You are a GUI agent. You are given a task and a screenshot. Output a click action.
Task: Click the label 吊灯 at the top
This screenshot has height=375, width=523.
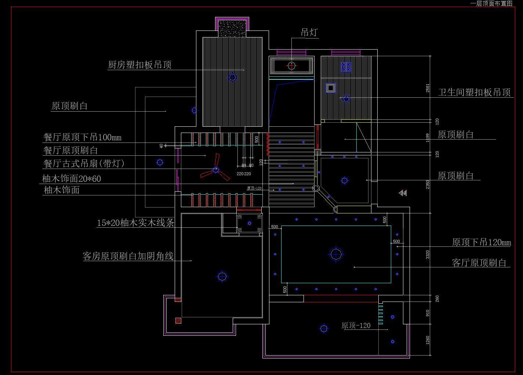click(309, 32)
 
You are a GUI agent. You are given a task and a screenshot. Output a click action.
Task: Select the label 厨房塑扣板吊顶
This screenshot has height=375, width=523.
click(140, 65)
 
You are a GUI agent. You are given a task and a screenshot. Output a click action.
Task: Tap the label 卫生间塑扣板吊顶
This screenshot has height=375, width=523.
click(474, 92)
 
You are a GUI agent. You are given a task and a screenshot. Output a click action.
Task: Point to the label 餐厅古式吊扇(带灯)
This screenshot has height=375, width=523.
click(84, 163)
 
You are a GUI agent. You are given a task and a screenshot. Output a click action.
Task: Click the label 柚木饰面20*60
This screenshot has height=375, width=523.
click(72, 179)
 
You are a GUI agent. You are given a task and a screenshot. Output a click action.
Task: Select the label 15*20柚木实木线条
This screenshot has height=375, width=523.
click(135, 223)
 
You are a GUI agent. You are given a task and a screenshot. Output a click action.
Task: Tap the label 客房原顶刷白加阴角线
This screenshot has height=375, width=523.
click(128, 256)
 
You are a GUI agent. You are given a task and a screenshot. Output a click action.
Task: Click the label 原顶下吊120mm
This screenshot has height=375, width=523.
click(481, 242)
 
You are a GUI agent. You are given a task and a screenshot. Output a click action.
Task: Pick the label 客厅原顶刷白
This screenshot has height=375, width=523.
click(479, 263)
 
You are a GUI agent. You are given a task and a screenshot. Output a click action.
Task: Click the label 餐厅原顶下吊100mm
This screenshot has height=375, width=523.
click(83, 137)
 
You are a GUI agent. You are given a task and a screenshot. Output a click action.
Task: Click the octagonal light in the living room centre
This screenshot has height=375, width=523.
click(336, 254)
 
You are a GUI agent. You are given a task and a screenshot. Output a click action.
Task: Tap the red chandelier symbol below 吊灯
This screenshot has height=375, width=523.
click(291, 66)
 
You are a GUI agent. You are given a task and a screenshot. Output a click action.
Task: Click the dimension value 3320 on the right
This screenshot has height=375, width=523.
click(428, 255)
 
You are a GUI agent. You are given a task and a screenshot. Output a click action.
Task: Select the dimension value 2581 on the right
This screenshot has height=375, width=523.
click(428, 88)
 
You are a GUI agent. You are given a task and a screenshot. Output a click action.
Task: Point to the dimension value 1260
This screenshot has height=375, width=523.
click(428, 340)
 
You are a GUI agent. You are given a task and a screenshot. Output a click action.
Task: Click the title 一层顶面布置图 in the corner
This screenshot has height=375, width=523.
click(491, 3)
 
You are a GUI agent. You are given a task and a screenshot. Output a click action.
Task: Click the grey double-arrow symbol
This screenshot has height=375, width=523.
click(403, 193)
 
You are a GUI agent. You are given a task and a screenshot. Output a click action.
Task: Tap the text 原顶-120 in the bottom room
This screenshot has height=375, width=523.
click(356, 325)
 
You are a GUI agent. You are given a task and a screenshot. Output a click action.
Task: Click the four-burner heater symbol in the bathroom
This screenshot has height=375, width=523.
click(346, 66)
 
